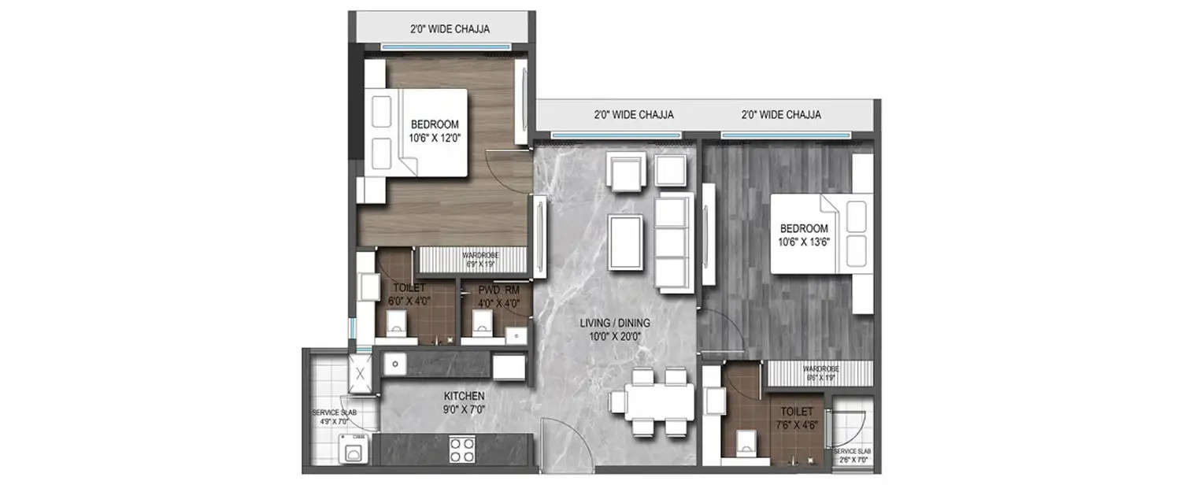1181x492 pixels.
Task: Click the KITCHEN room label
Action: tap(464, 396)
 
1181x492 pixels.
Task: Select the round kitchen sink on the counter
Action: tap(394, 364)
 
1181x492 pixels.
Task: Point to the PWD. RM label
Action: tap(494, 289)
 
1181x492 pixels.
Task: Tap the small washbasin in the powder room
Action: tap(516, 335)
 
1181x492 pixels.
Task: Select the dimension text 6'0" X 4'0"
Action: tap(406, 301)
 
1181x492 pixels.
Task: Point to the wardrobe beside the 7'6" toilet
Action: tap(820, 372)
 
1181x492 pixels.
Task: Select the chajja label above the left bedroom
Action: tap(450, 29)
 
